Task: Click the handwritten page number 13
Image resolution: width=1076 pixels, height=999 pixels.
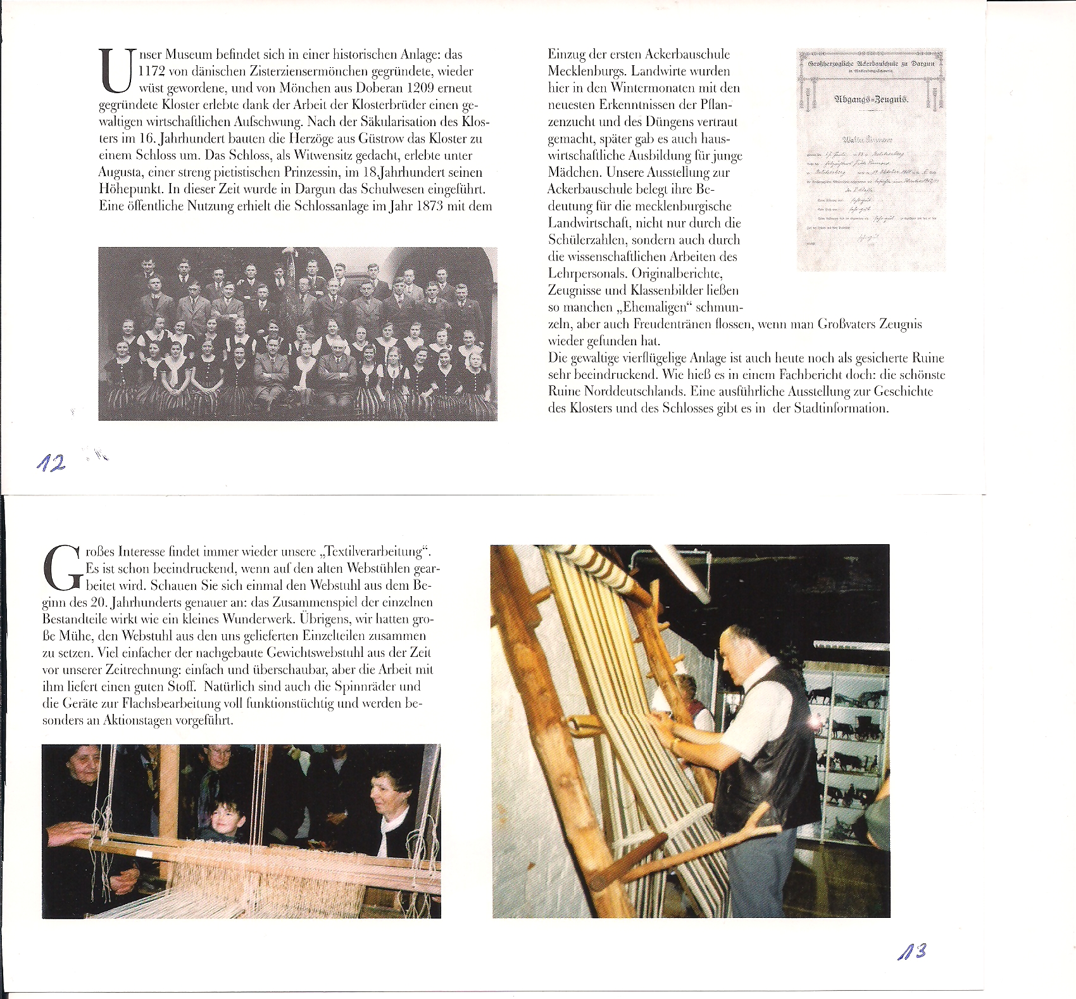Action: [x=913, y=951]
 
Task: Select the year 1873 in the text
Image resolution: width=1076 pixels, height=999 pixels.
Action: [x=430, y=206]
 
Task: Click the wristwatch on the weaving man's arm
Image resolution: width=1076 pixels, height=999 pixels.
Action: [x=675, y=742]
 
